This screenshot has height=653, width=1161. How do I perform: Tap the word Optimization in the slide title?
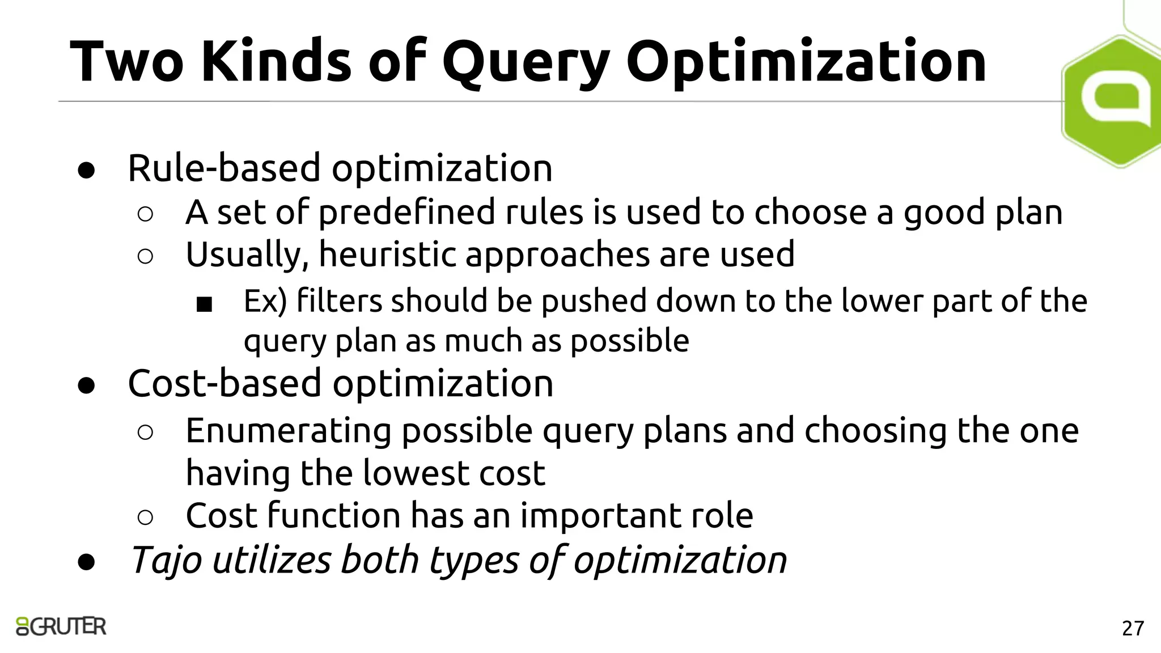coord(806,62)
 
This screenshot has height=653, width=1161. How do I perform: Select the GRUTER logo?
coord(61,626)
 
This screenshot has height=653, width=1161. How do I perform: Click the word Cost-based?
coord(224,384)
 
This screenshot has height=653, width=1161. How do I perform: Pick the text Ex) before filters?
coord(265,301)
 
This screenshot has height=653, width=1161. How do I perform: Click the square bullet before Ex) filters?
coord(204,305)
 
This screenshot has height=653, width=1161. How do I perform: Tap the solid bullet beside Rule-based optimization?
coord(86,171)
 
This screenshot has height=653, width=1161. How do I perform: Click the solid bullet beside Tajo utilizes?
coord(86,562)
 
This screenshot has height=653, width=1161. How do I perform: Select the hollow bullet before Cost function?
coord(145,517)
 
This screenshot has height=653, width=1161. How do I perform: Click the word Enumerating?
coord(288,431)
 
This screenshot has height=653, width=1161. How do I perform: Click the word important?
coord(600,516)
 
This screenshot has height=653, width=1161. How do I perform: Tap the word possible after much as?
coord(629,341)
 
